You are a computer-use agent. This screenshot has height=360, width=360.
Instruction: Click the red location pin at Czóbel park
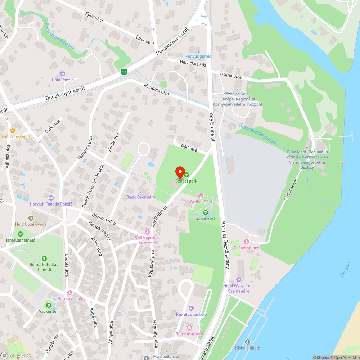[x=180, y=172]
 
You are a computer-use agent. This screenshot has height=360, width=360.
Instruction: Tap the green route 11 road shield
[x=124, y=72]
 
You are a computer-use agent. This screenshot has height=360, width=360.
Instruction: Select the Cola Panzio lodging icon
[x=63, y=74]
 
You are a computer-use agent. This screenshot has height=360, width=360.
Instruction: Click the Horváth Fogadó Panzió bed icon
[x=51, y=198]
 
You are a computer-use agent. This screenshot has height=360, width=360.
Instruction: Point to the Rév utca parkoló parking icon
[x=191, y=308]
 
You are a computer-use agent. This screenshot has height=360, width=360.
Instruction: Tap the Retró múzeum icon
[x=189, y=328]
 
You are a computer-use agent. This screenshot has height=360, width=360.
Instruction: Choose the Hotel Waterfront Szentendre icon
[x=238, y=280]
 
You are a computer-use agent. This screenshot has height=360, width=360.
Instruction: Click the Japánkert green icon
[x=205, y=212]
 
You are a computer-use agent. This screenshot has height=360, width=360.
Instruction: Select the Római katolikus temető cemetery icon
[x=44, y=258]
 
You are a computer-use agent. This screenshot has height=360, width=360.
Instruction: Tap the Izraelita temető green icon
[x=21, y=234]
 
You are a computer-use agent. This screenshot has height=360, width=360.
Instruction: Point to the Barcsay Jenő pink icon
[x=70, y=293]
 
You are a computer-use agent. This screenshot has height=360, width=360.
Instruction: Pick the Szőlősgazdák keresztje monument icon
[x=147, y=231]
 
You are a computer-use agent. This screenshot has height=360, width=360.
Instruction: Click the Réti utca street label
[x=189, y=149]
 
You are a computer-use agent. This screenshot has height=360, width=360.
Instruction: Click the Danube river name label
[x=345, y=270]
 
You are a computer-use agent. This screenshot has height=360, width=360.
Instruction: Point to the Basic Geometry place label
[x=141, y=197]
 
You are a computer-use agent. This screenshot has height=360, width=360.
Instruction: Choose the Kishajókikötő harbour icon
[x=247, y=342]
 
